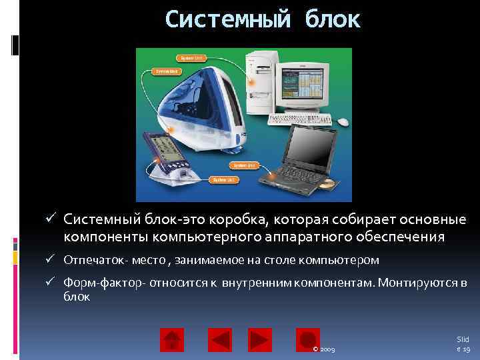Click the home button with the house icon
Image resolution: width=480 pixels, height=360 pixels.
[172, 340]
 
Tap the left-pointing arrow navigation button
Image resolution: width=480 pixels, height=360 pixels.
[220, 340]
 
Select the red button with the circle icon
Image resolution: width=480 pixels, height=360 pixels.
[308, 340]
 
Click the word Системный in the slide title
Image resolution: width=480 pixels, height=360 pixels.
[228, 19]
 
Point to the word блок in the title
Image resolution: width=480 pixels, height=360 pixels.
[333, 19]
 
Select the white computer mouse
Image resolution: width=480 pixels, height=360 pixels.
[343, 122]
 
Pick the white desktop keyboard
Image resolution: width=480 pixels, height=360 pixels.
[300, 119]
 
